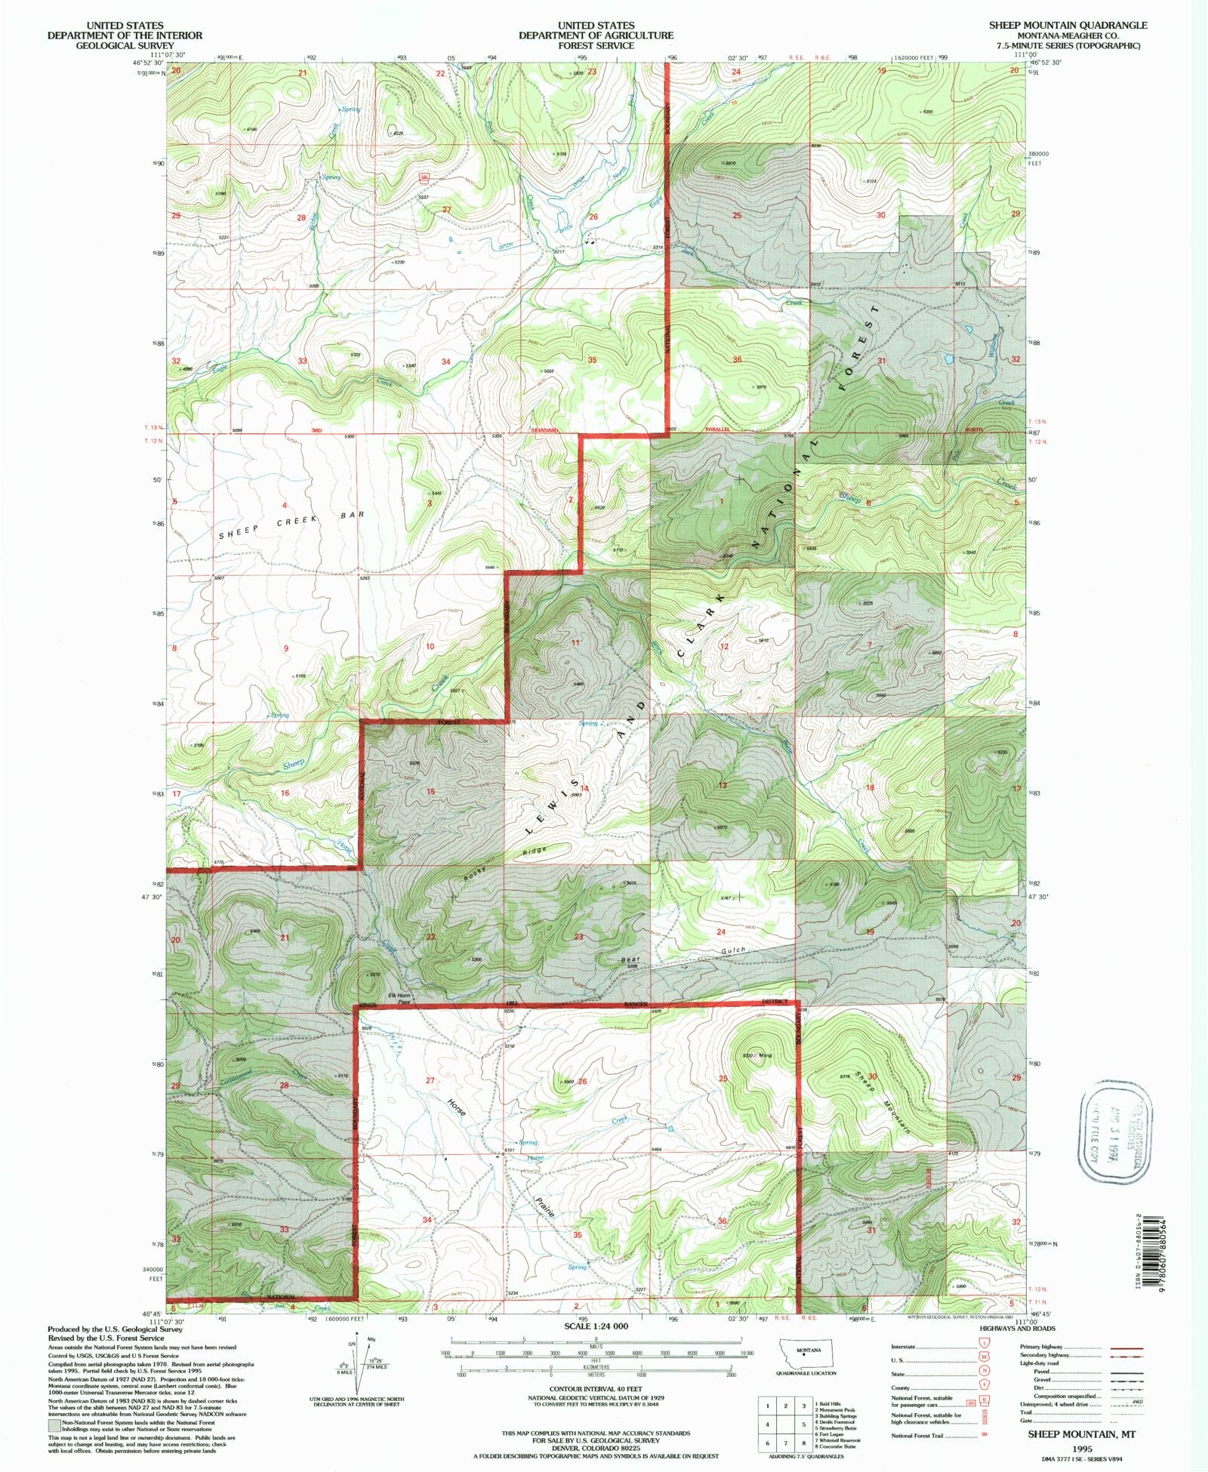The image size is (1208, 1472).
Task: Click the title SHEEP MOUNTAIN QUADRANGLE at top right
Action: click(x=1068, y=25)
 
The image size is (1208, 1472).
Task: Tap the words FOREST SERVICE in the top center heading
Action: click(x=596, y=45)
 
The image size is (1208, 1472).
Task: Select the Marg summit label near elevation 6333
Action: click(x=767, y=1055)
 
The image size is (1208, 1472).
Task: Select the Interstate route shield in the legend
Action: click(x=984, y=1346)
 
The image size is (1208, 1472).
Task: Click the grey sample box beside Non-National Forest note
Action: click(x=53, y=1424)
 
